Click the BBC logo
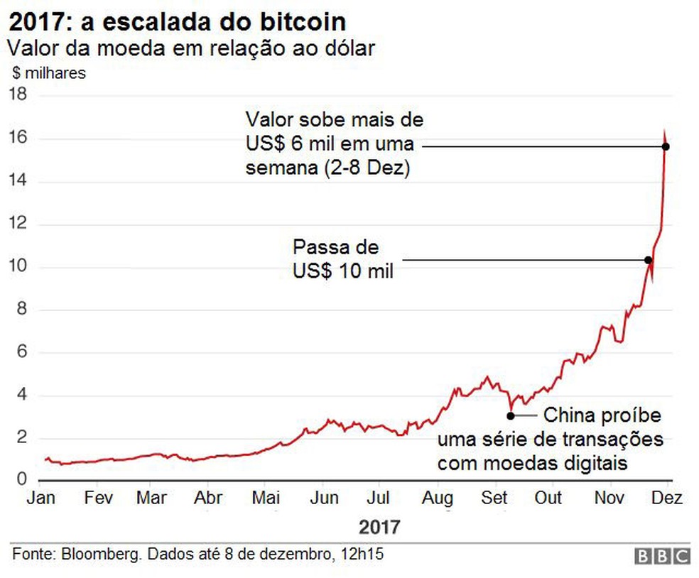tap(661, 556)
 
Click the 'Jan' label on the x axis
tap(40, 498)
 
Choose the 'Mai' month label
tap(265, 498)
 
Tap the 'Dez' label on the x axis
tap(667, 498)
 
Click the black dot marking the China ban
tap(510, 416)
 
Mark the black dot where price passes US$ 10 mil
tap(648, 260)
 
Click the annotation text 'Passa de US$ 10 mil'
tap(342, 259)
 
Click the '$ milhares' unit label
tap(49, 73)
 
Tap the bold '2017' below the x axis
tap(379, 528)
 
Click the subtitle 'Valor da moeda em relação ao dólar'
tap(190, 48)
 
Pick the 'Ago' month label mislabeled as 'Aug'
tap(438, 498)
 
